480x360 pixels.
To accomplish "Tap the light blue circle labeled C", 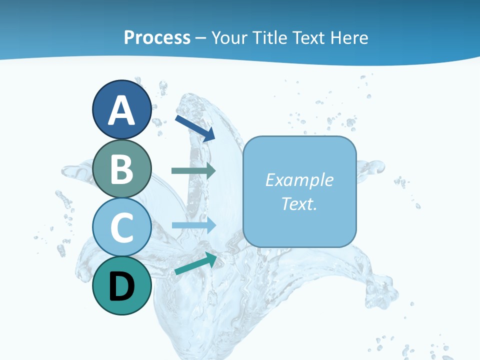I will [x=121, y=227].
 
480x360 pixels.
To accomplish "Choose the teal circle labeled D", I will [x=121, y=286].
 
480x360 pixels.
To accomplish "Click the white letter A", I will [x=121, y=111].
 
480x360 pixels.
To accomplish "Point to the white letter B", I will [x=121, y=169].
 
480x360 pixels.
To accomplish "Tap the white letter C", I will [x=121, y=227].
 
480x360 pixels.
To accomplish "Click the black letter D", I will [x=121, y=287].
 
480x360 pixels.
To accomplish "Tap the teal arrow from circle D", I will [x=195, y=263].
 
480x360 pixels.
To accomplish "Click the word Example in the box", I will [x=299, y=180].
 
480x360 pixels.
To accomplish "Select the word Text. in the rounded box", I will [x=299, y=203].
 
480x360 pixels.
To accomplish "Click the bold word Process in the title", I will [x=157, y=37].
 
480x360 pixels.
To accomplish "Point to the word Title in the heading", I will [x=269, y=37].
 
